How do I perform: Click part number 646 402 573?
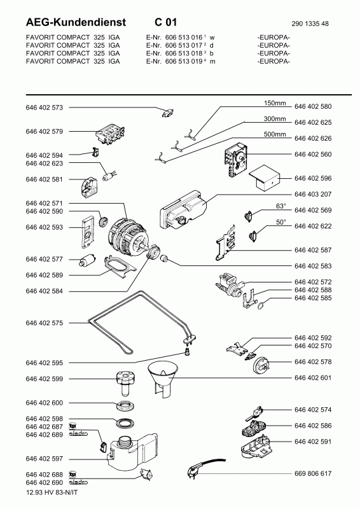(44, 108)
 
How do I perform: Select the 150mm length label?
(275, 103)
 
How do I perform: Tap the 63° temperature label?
(281, 206)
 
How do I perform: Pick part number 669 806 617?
(313, 473)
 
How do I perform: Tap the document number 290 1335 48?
(310, 24)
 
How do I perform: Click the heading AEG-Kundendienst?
(76, 22)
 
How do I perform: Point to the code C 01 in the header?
(165, 22)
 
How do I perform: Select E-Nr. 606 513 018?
(175, 53)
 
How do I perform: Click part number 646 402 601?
(313, 378)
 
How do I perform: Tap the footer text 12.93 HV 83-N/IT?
(52, 492)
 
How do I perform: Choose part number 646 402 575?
(44, 323)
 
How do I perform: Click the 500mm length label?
(275, 134)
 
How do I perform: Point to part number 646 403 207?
(313, 195)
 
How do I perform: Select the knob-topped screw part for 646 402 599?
(125, 384)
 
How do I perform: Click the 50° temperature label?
(281, 222)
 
